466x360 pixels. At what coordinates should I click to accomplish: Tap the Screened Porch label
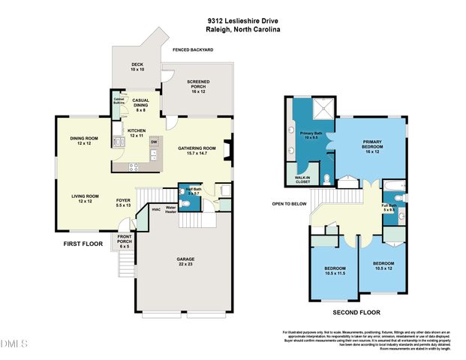coord(198,84)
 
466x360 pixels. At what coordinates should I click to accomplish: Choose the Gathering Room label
coord(197,150)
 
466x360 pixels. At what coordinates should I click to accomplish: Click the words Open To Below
coord(288,202)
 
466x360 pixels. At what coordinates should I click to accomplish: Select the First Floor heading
coord(82,244)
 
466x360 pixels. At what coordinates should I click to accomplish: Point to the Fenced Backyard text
coord(193,49)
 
